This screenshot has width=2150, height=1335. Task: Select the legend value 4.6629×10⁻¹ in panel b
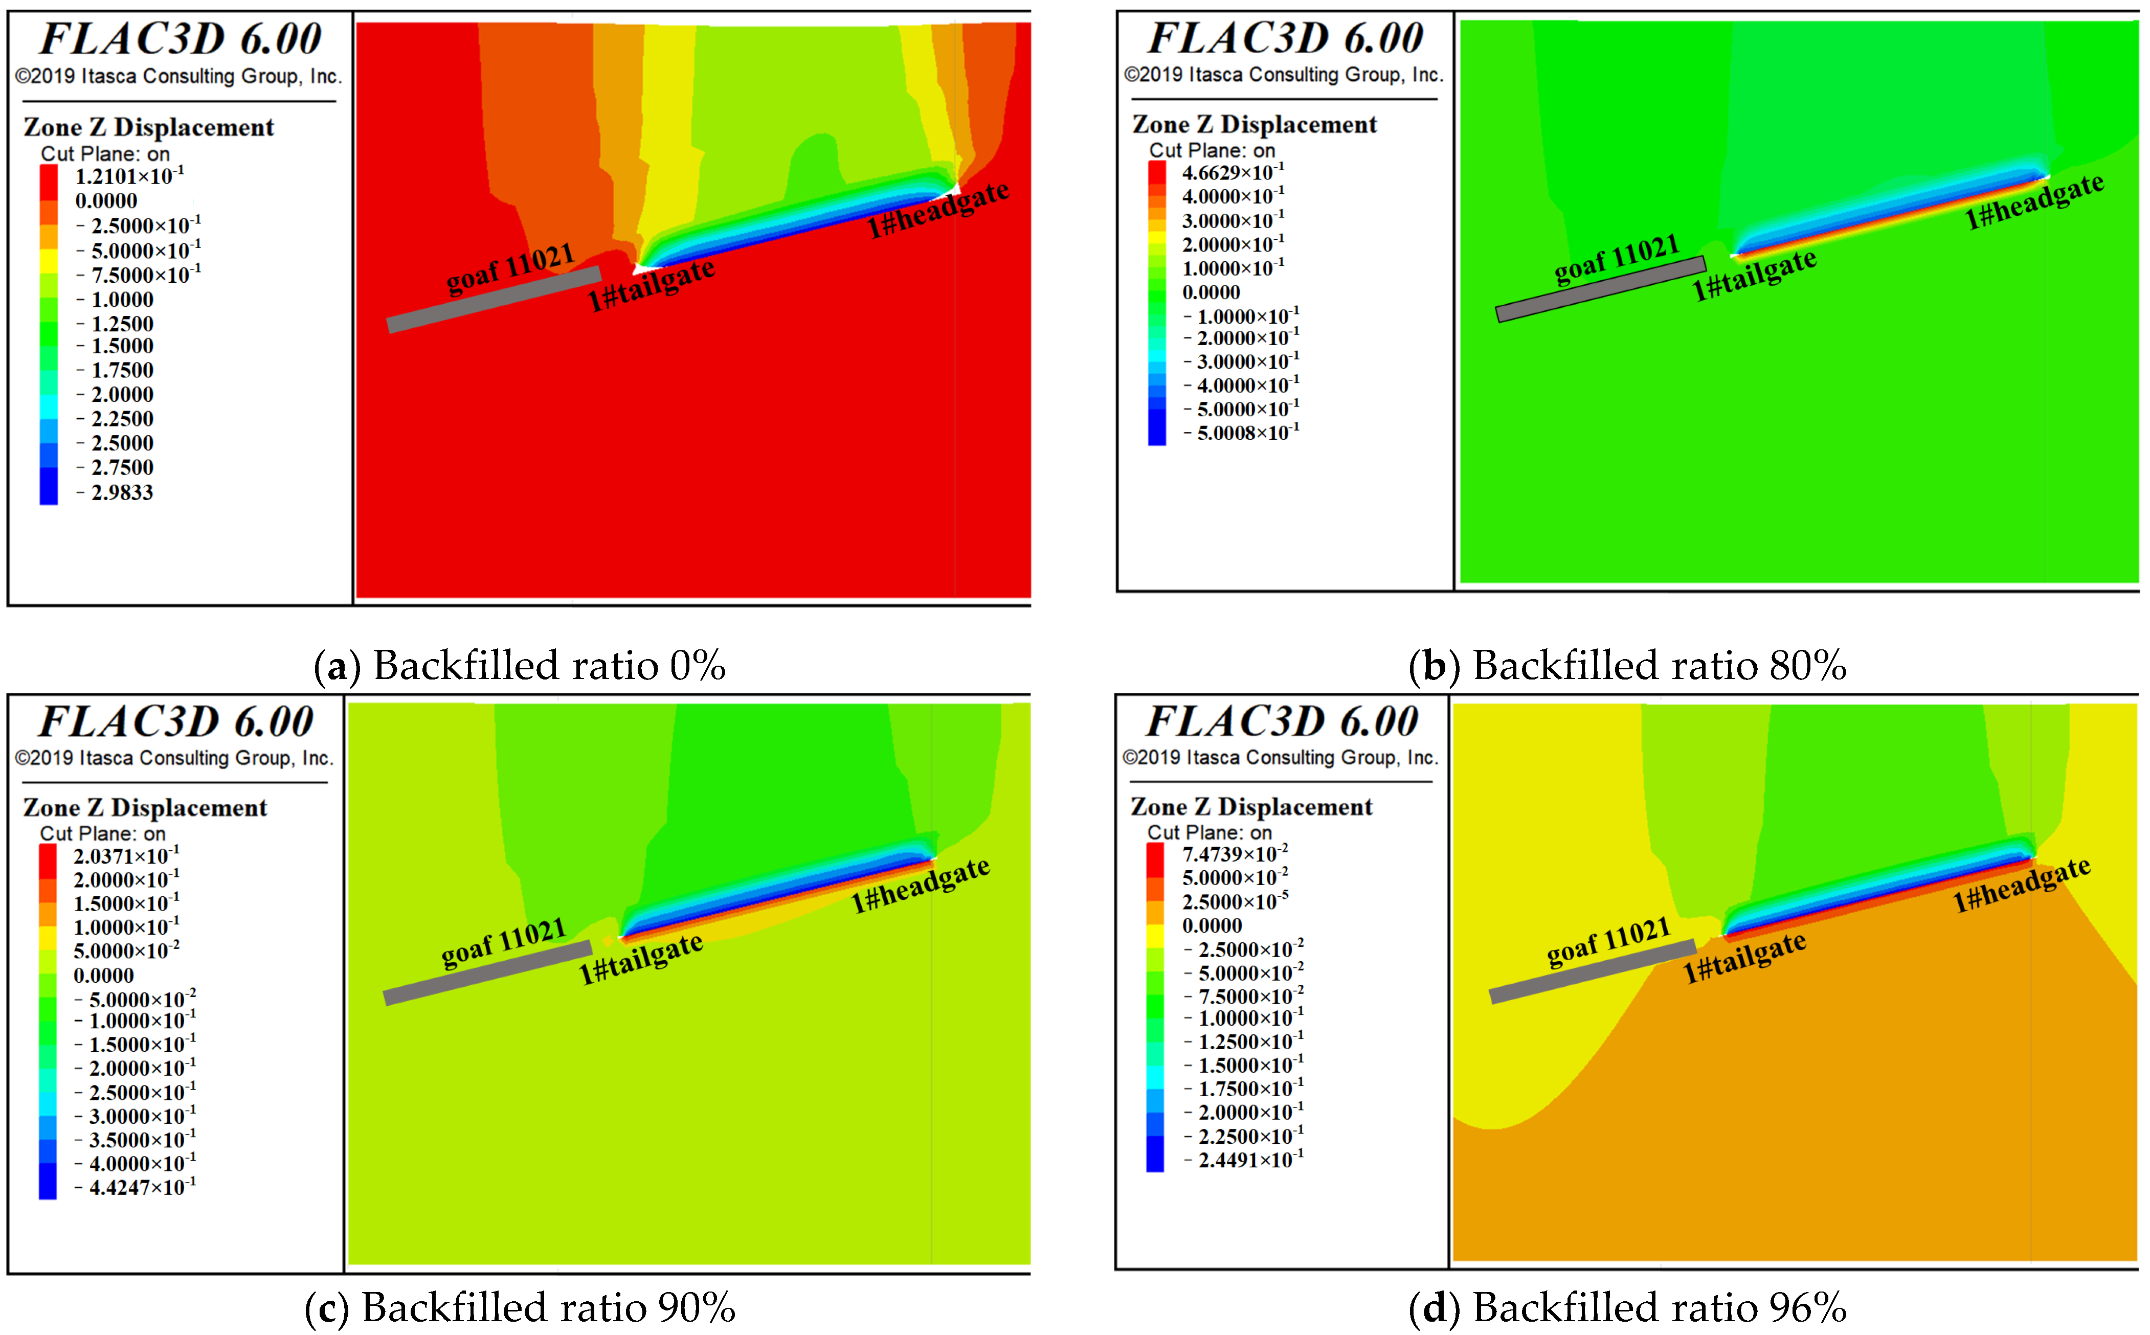1233,172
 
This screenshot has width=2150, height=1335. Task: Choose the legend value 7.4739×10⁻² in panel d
1235,854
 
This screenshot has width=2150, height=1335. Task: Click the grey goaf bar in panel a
495,300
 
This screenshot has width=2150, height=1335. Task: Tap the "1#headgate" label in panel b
2033,201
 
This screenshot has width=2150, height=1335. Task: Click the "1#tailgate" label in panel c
640,959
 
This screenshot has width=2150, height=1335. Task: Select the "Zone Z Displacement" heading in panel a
148,127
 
